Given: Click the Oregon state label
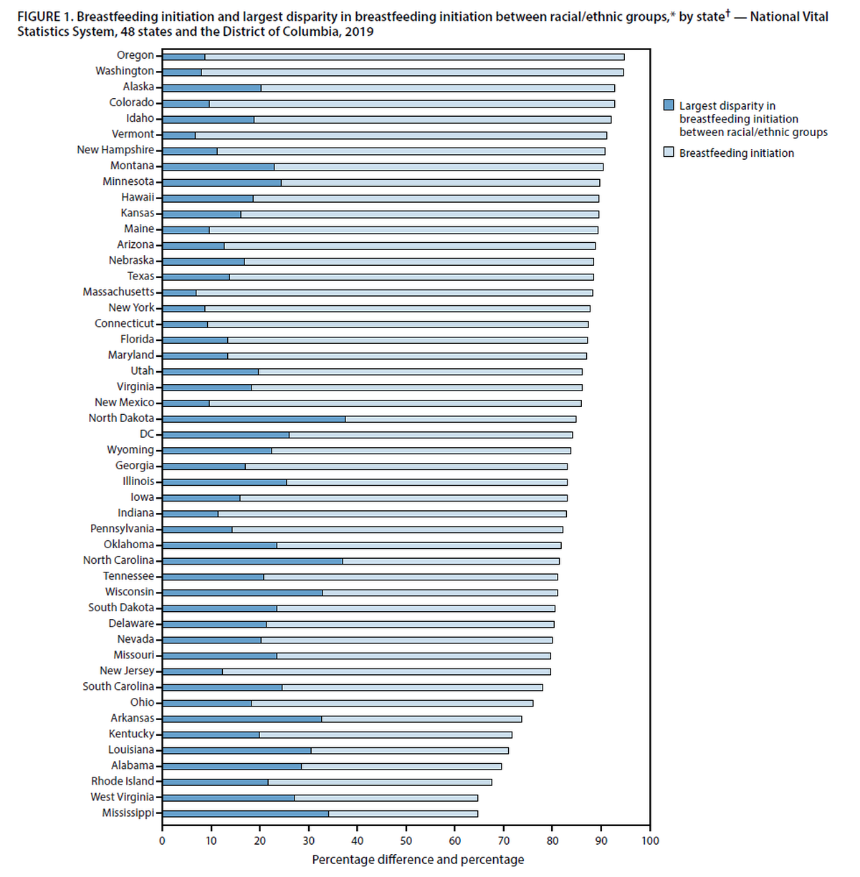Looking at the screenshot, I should [x=135, y=55].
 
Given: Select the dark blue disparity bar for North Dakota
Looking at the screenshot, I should [x=254, y=419].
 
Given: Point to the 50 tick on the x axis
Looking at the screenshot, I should [x=406, y=840].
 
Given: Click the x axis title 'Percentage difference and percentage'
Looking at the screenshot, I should [x=418, y=859].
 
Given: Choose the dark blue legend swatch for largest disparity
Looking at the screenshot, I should [x=669, y=105].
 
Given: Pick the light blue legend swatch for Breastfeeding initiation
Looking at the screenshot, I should [x=669, y=153].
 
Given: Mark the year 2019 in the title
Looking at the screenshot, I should [x=358, y=32].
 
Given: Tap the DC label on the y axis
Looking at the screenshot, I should [x=147, y=434].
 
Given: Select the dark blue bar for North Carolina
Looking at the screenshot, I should [x=252, y=561].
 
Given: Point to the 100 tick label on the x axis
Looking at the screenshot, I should [x=650, y=840].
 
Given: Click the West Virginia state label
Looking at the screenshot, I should [x=122, y=797].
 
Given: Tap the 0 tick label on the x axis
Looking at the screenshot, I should [x=163, y=840].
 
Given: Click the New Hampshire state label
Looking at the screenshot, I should [x=115, y=150].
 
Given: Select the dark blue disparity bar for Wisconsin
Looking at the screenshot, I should [x=242, y=593].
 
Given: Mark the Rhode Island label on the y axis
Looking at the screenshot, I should [x=123, y=781].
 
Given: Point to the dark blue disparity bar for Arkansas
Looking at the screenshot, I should [x=242, y=719].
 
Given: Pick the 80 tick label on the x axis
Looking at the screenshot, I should [x=553, y=840].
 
